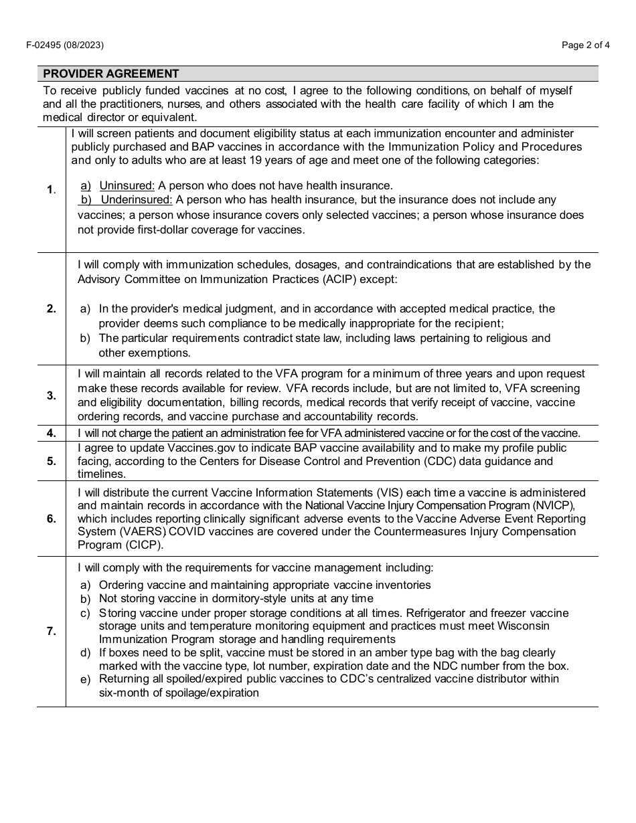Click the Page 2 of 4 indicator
(585, 45)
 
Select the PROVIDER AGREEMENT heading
(111, 74)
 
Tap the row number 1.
(51, 189)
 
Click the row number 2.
(52, 308)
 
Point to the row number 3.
(52, 395)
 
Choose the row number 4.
(52, 433)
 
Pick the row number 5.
(52, 461)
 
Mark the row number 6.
(52, 519)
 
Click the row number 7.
(52, 631)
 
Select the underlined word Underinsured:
(137, 199)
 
